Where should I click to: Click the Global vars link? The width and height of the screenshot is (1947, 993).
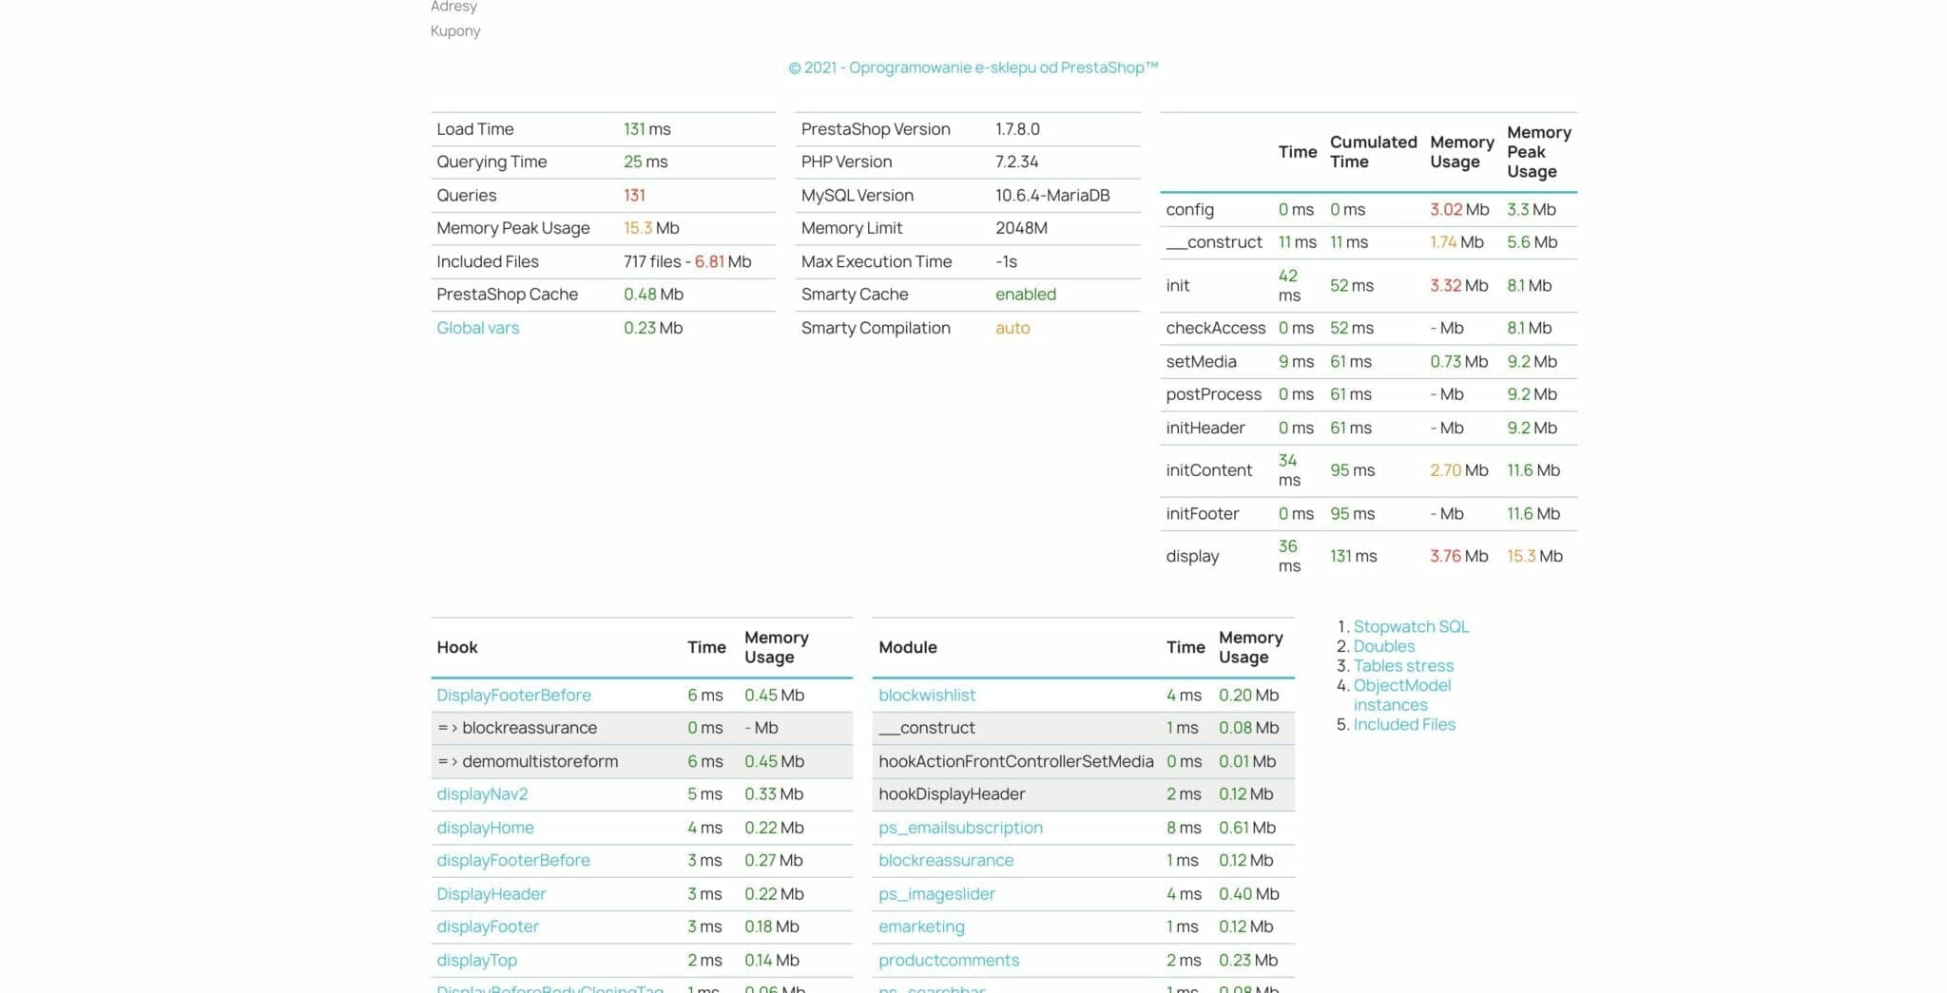pyautogui.click(x=477, y=328)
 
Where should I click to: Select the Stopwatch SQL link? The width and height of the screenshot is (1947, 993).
pyautogui.click(x=1411, y=626)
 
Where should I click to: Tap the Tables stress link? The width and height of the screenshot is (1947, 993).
pyautogui.click(x=1403, y=665)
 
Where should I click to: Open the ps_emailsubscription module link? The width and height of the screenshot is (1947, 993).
pyautogui.click(x=960, y=828)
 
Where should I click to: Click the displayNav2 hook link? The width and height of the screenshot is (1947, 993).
pyautogui.click(x=482, y=793)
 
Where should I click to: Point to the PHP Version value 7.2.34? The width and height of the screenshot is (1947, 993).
pyautogui.click(x=1016, y=162)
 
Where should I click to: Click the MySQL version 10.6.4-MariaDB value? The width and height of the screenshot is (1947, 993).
pyautogui.click(x=1052, y=195)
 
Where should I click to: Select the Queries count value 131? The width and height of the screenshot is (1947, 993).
pyautogui.click(x=634, y=195)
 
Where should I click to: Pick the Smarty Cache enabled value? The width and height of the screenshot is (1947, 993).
pyautogui.click(x=1025, y=295)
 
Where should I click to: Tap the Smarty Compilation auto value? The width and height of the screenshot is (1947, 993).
pyautogui.click(x=1012, y=328)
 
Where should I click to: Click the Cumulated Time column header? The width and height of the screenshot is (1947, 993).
pyautogui.click(x=1372, y=152)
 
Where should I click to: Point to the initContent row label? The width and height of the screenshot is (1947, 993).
pyautogui.click(x=1208, y=470)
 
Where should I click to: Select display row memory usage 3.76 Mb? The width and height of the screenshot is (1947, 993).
pyautogui.click(x=1458, y=556)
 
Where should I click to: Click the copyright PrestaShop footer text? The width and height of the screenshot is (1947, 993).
pyautogui.click(x=973, y=67)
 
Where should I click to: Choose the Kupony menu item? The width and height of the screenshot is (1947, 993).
pyautogui.click(x=455, y=31)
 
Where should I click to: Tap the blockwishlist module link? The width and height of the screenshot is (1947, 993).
pyautogui.click(x=927, y=695)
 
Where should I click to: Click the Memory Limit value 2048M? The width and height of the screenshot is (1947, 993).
pyautogui.click(x=1021, y=228)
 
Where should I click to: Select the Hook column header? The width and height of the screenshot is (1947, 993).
pyautogui.click(x=457, y=647)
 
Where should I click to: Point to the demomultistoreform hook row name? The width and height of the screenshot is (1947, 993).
pyautogui.click(x=539, y=761)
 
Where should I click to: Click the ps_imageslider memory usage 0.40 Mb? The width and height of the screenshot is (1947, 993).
pyautogui.click(x=1248, y=894)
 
